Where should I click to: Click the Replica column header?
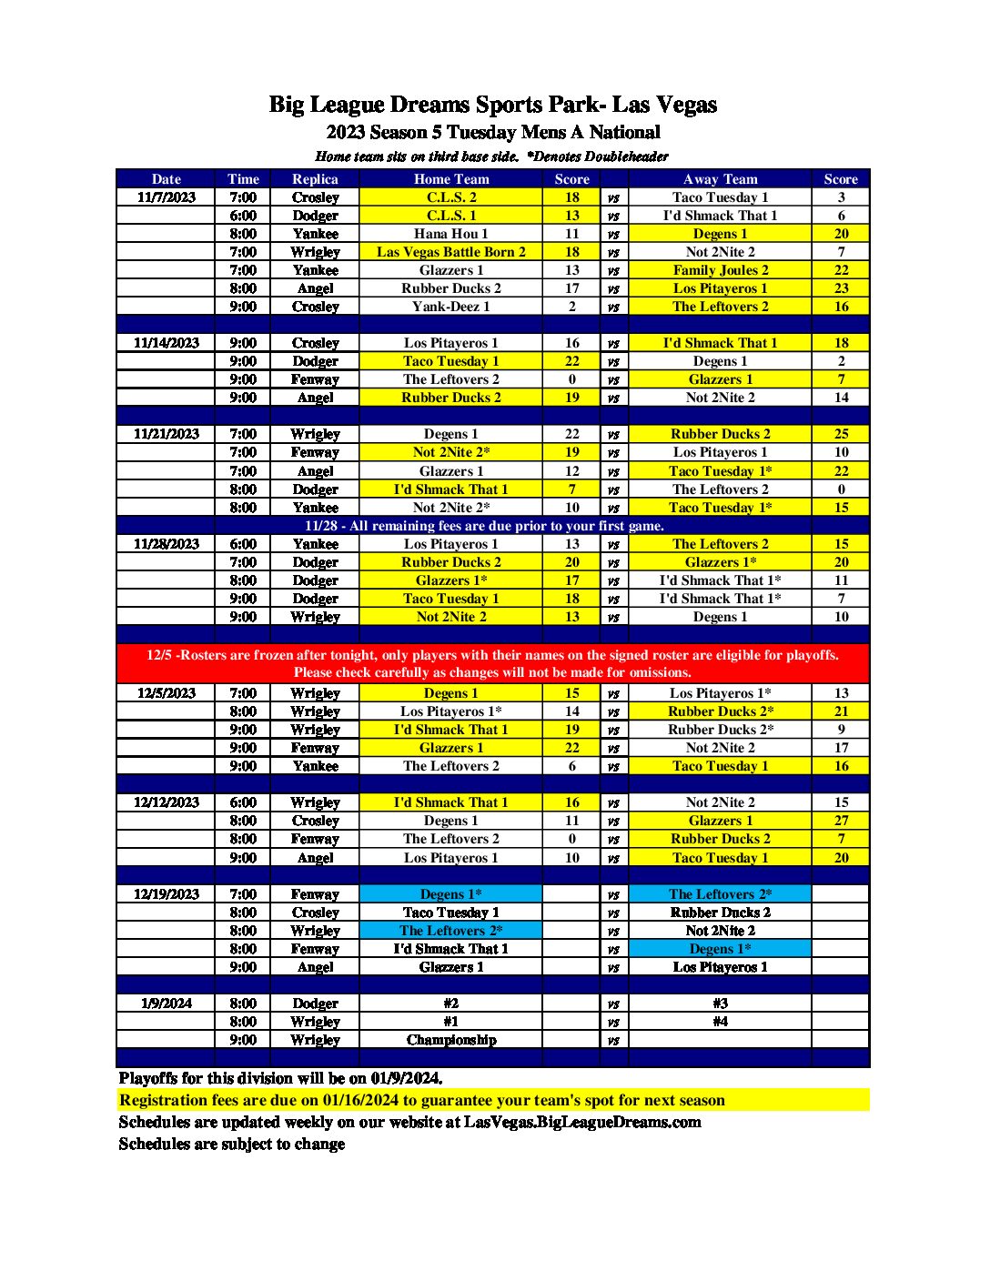click(x=315, y=179)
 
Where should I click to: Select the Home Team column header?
click(x=451, y=179)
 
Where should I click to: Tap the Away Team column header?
click(x=720, y=179)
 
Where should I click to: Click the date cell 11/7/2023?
click(x=167, y=197)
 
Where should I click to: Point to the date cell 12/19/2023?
click(x=167, y=894)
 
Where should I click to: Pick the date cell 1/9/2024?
click(x=167, y=1004)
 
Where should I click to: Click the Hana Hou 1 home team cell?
click(x=451, y=234)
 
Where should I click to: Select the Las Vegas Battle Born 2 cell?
click(x=451, y=252)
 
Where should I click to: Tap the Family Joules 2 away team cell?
click(x=720, y=270)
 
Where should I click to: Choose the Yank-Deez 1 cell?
click(x=451, y=307)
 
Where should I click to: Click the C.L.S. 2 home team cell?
click(x=451, y=197)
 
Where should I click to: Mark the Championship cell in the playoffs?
click(x=451, y=1040)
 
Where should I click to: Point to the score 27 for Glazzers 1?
click(x=841, y=821)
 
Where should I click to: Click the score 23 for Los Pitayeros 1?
click(x=841, y=288)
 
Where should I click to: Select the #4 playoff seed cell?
click(x=720, y=1022)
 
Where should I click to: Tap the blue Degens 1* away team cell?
click(x=720, y=949)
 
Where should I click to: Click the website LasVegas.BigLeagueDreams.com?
click(x=582, y=1122)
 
